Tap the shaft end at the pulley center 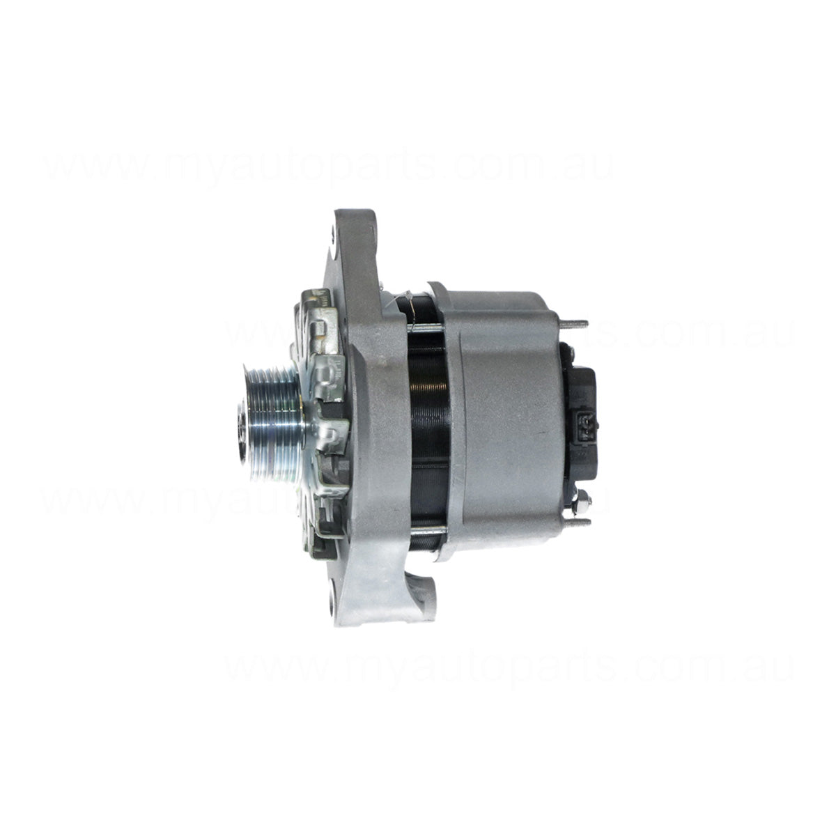242,438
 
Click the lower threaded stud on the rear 574,521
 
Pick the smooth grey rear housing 498,411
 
